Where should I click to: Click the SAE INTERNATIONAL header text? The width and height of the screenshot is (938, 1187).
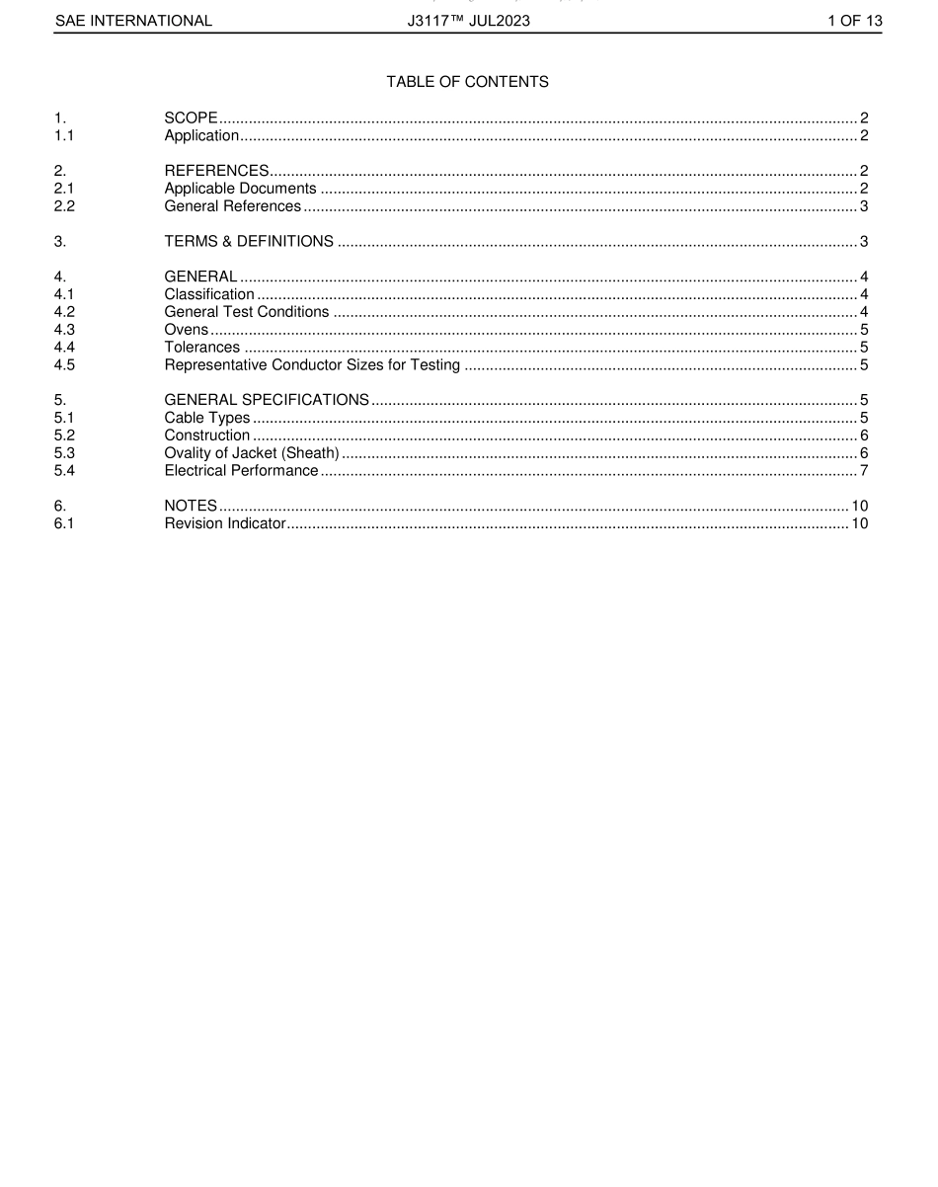pos(133,20)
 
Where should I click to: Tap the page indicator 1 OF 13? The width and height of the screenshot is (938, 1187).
pos(854,20)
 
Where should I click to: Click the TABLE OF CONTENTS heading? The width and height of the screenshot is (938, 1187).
pos(467,82)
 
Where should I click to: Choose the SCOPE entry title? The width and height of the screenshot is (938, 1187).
pos(191,119)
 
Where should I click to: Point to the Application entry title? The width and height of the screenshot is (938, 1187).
pos(201,136)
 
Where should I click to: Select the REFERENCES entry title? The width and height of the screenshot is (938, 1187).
pos(216,171)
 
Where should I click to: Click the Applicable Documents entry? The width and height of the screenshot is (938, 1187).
pos(240,189)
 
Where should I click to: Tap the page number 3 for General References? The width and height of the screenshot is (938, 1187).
pos(863,206)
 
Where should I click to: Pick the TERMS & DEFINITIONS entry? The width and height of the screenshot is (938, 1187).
pos(249,242)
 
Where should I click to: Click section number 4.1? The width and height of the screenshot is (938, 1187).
pos(64,294)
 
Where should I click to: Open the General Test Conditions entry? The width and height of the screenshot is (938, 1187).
pos(247,312)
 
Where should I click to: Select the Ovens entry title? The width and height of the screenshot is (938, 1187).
pos(187,330)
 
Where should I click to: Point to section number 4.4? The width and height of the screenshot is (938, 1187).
pos(64,348)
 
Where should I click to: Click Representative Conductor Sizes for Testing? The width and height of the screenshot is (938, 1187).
pos(312,365)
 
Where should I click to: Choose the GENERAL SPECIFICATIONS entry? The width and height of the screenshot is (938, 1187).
pos(267,400)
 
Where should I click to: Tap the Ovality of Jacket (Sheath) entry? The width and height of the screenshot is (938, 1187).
pos(252,453)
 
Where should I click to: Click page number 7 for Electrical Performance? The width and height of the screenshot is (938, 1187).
pos(863,471)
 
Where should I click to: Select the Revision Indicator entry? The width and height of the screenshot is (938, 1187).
pos(225,523)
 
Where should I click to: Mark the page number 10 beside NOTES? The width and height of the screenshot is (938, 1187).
pos(859,506)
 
